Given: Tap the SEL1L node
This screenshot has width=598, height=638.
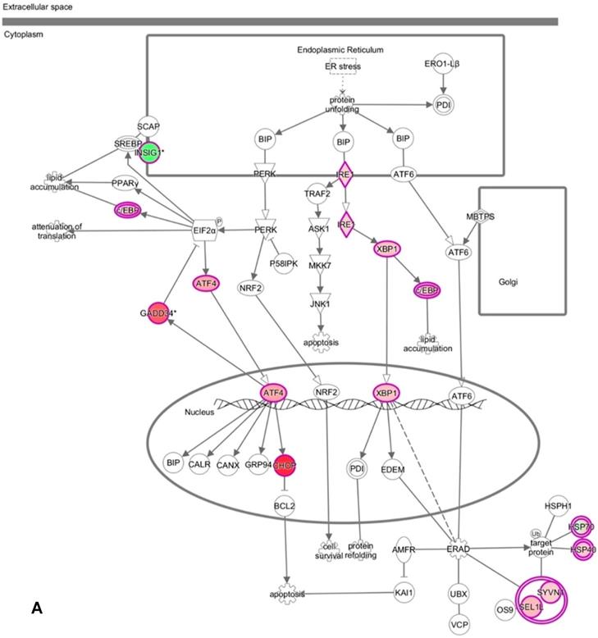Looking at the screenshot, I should tap(531, 608).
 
